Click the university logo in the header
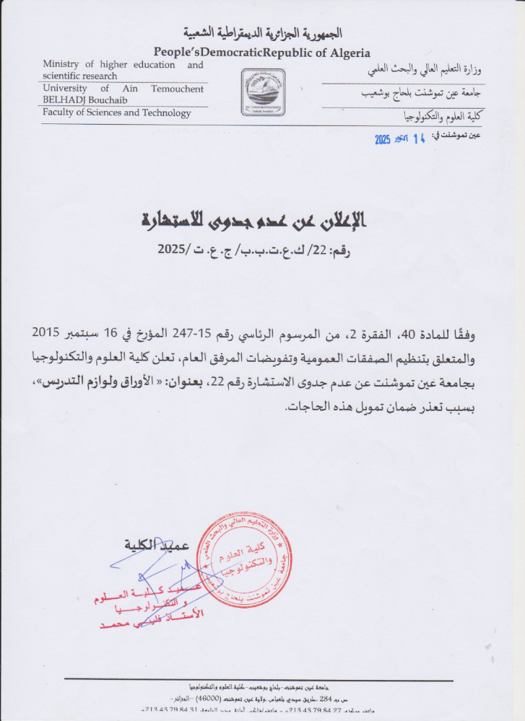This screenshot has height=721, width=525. [263, 92]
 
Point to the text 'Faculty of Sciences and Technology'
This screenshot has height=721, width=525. [117, 112]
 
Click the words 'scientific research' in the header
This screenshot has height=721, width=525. [79, 76]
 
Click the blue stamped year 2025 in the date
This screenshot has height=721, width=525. [383, 139]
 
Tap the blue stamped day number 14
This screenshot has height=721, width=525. [419, 138]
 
